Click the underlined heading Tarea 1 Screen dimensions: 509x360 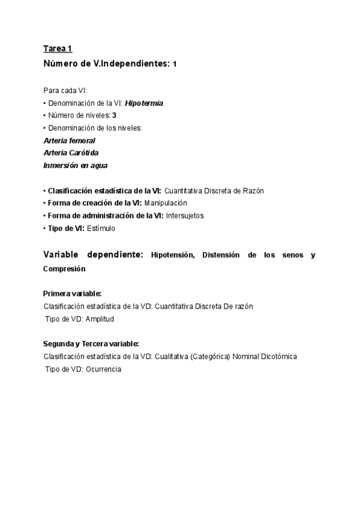(x=58, y=49)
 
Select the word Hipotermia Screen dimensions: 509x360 (x=144, y=103)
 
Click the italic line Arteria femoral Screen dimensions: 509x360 (x=69, y=140)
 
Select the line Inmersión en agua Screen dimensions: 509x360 (x=76, y=165)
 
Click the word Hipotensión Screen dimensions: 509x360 (x=173, y=255)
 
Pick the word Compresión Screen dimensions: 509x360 (x=64, y=269)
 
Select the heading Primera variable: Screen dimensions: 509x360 (x=72, y=294)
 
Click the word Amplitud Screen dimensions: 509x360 (x=100, y=319)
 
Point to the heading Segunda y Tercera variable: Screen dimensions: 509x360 (x=91, y=344)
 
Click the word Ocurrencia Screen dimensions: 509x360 (x=103, y=369)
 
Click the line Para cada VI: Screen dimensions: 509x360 (x=65, y=90)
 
